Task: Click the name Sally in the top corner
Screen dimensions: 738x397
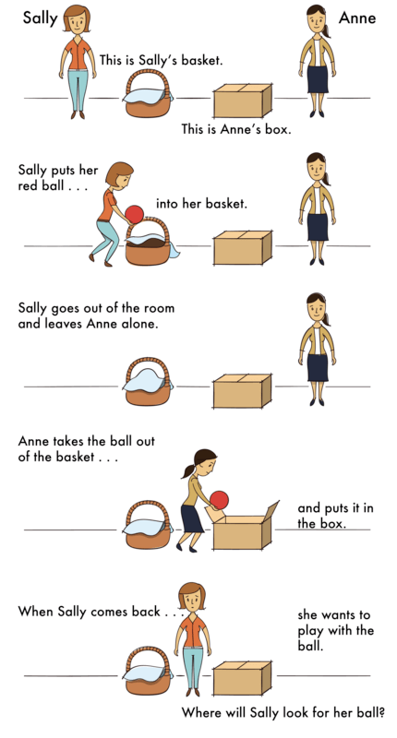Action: [41, 17]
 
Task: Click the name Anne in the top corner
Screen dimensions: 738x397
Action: [356, 17]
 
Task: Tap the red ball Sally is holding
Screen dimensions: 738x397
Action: [135, 214]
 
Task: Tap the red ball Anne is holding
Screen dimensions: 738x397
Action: [219, 500]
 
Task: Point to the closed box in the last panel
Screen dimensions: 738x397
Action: [242, 678]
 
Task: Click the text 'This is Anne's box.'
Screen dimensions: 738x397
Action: [236, 129]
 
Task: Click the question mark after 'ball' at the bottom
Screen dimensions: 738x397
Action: [381, 712]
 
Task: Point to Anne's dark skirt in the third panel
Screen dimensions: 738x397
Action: [319, 366]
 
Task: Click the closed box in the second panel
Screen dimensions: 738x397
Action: [242, 247]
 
